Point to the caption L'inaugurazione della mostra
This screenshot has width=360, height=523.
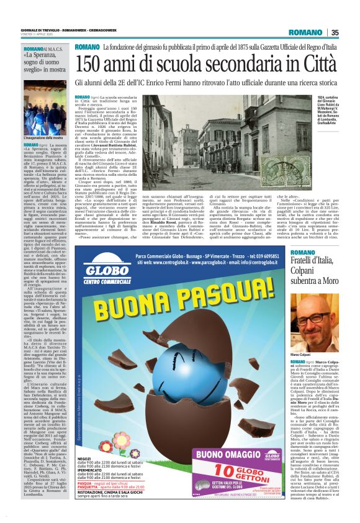point(43,137)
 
